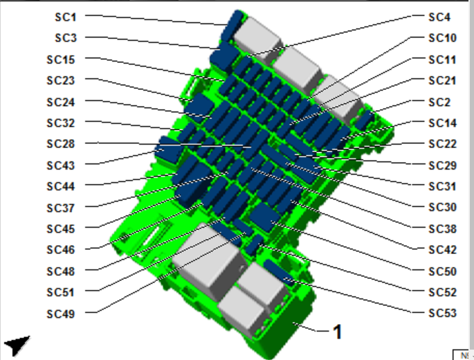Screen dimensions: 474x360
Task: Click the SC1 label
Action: [65, 17]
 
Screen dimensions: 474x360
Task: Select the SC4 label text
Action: [439, 17]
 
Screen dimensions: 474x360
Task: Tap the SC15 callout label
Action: [60, 60]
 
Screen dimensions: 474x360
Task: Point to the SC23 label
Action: [60, 80]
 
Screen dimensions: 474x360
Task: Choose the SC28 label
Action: [60, 144]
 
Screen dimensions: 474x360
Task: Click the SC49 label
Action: [60, 314]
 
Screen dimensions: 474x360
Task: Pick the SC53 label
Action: [443, 313]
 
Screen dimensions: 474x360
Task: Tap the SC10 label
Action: [443, 38]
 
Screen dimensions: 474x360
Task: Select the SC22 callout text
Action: [443, 144]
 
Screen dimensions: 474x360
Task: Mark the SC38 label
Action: [443, 228]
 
